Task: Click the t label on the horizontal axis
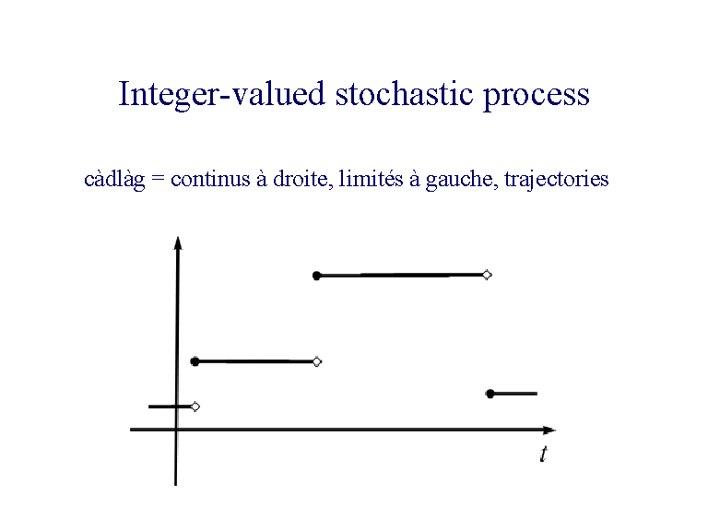543,454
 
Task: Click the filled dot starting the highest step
316,276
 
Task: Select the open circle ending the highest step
487,275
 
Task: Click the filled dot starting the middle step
195,361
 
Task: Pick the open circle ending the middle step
317,361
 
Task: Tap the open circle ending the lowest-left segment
195,407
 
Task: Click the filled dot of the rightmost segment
490,394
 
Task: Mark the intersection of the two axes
176,430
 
